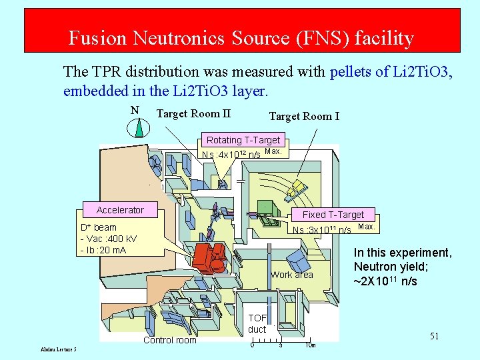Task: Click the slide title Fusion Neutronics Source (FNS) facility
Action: tap(241, 39)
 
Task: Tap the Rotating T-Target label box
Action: tap(243, 140)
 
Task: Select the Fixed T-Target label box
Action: tap(333, 215)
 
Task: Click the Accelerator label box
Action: tap(120, 210)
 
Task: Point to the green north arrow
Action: tap(139, 127)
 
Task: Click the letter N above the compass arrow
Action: tap(135, 111)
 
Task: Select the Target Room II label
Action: tap(193, 113)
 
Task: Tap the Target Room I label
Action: tap(304, 117)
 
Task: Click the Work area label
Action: tap(291, 275)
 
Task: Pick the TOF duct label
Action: tap(257, 323)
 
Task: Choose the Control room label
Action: tap(170, 340)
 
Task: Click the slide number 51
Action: tap(434, 336)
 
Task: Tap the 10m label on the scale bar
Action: tap(310, 345)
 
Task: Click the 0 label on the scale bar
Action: tap(251, 345)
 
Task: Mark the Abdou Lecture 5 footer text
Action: tap(58, 349)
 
